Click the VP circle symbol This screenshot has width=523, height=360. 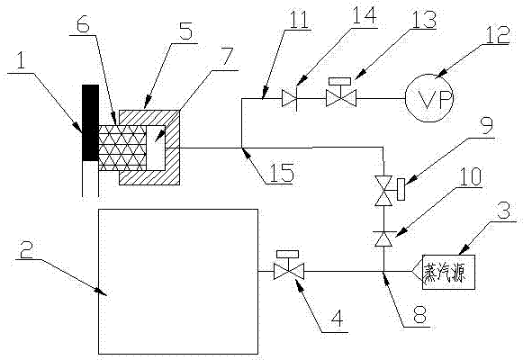click(429, 98)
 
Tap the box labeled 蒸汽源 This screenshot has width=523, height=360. click(448, 272)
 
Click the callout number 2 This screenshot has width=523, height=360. click(26, 250)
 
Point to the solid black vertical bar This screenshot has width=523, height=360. click(90, 122)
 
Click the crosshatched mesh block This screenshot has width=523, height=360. click(122, 148)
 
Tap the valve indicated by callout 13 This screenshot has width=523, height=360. click(340, 94)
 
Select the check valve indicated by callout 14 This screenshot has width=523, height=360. click(289, 98)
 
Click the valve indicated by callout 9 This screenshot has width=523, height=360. click(388, 190)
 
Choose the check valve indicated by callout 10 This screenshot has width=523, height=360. click(383, 238)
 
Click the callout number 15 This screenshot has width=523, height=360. click(282, 173)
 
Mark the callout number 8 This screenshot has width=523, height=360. click(419, 314)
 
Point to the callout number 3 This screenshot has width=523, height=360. click(504, 211)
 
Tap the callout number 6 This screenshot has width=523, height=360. click(83, 24)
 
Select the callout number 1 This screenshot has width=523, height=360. click(21, 62)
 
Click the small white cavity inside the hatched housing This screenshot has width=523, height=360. click(156, 148)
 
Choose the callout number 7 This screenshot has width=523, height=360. click(227, 58)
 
